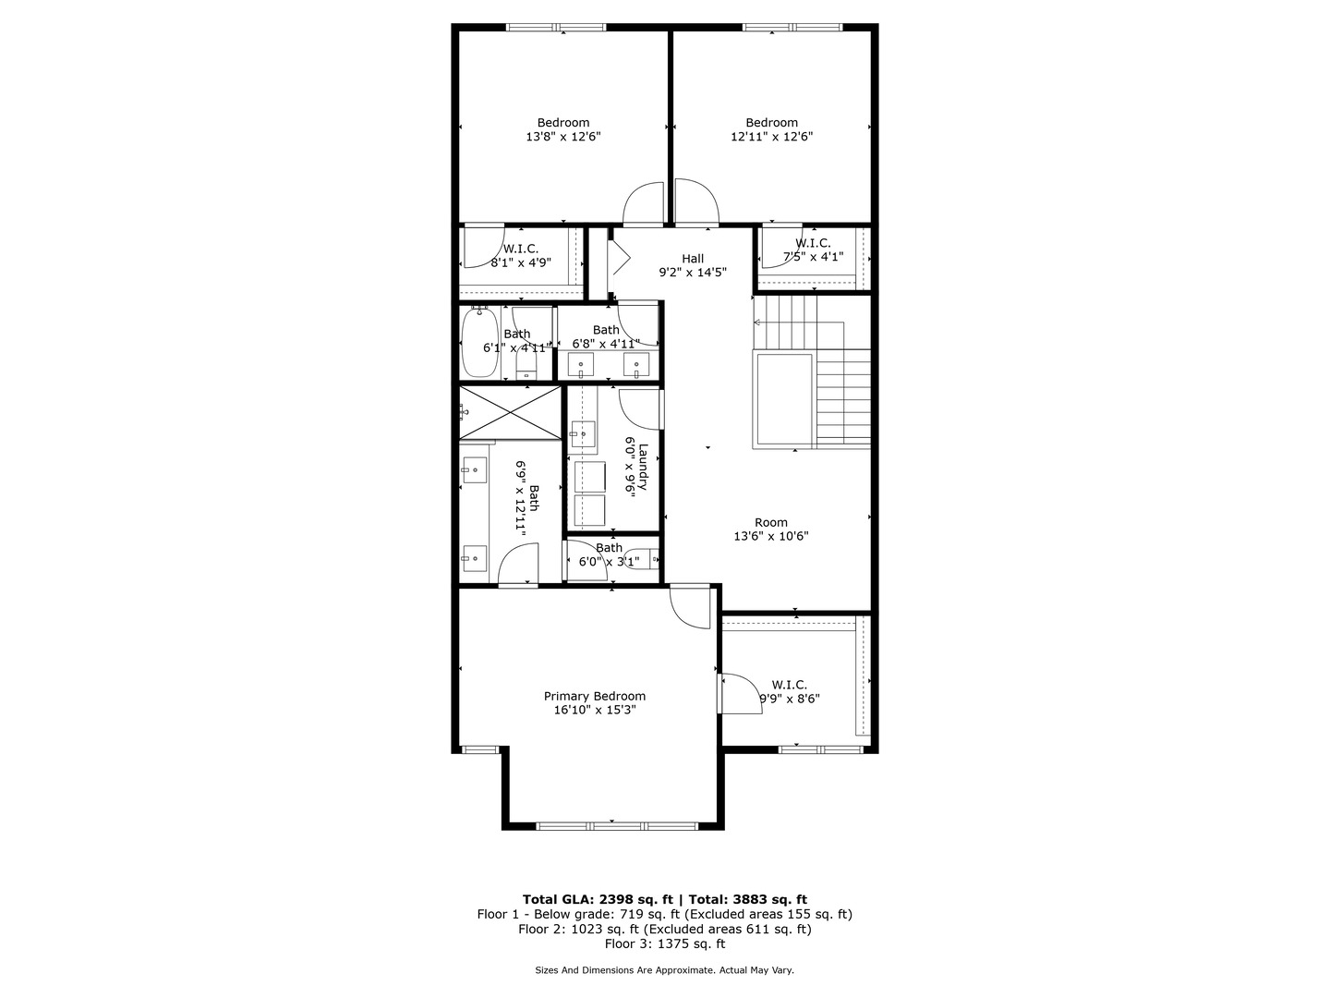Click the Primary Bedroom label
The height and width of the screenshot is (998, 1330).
click(x=594, y=696)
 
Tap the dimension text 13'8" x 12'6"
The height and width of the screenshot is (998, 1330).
click(x=563, y=137)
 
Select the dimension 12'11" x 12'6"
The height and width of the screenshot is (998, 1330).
click(x=771, y=137)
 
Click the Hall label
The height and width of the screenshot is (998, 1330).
click(x=693, y=259)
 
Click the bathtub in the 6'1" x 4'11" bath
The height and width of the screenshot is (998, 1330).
click(x=478, y=342)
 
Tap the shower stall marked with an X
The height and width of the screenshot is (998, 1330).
click(x=510, y=412)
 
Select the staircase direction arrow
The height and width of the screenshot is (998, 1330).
click(x=758, y=323)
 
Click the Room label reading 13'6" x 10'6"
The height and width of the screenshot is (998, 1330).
click(x=771, y=522)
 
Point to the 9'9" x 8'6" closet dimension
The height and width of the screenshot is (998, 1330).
click(x=790, y=699)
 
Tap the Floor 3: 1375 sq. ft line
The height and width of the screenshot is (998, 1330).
click(x=665, y=943)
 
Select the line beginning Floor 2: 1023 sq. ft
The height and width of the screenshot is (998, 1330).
click(x=665, y=929)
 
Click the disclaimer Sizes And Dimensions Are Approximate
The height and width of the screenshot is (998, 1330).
click(x=665, y=970)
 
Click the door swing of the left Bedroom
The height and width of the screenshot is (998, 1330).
click(x=644, y=205)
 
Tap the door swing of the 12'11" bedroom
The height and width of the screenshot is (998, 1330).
click(x=695, y=202)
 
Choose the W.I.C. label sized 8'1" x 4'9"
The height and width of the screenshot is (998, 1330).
click(x=521, y=249)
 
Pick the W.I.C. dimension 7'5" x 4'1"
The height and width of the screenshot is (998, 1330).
click(x=813, y=257)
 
